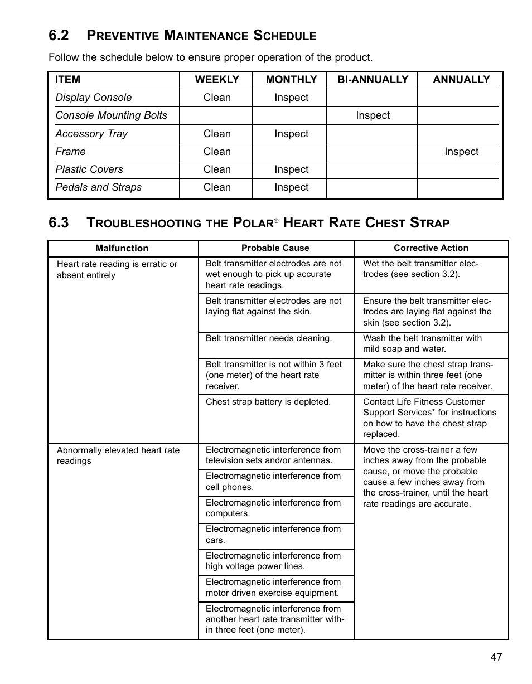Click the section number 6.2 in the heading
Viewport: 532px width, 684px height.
pyautogui.click(x=59, y=36)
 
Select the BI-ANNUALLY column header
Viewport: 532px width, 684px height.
pyautogui.click(x=373, y=80)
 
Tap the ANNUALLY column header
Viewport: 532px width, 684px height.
pyautogui.click(x=461, y=80)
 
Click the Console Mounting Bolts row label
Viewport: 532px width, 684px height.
pyautogui.click(x=111, y=115)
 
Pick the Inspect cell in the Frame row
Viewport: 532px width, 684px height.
pyautogui.click(x=461, y=152)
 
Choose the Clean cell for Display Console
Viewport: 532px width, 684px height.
pyautogui.click(x=217, y=98)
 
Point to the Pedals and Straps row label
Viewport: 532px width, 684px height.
pyautogui.click(x=99, y=187)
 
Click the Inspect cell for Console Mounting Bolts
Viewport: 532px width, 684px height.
pyautogui.click(x=373, y=115)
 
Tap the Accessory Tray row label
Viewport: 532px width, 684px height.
pyautogui.click(x=91, y=134)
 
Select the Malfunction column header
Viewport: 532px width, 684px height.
pyautogui.click(x=122, y=249)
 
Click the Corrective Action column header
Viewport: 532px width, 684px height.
pyautogui.click(x=431, y=248)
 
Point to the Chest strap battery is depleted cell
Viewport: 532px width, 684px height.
pyautogui.click(x=268, y=402)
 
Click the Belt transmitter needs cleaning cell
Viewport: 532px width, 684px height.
pyautogui.click(x=269, y=338)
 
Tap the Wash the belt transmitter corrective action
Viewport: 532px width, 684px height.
pyautogui.click(x=422, y=343)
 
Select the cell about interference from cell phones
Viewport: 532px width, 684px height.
pyautogui.click(x=273, y=482)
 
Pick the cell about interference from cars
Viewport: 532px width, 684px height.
pyautogui.click(x=273, y=535)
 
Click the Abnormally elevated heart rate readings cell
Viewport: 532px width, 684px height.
pyautogui.click(x=118, y=455)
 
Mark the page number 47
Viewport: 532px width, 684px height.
pyautogui.click(x=496, y=657)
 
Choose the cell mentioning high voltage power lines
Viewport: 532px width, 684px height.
pyautogui.click(x=273, y=561)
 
